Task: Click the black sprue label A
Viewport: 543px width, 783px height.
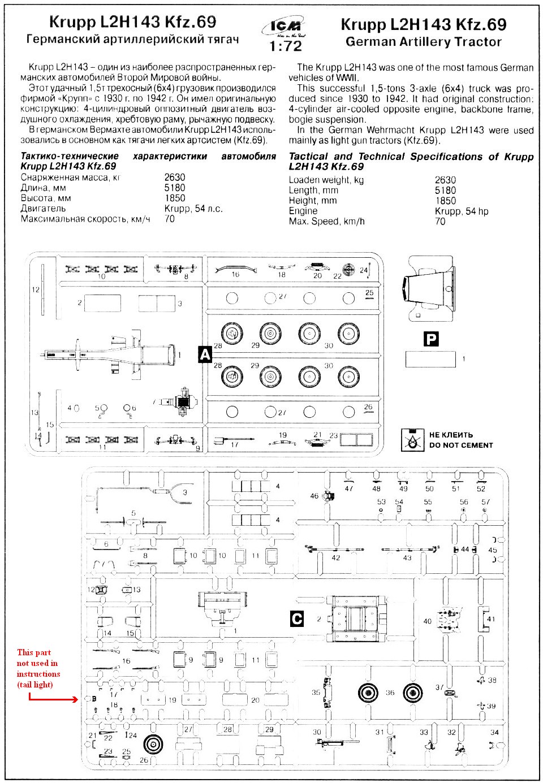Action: point(204,354)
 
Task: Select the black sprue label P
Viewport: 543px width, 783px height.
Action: point(431,339)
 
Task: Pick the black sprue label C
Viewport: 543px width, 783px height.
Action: point(296,618)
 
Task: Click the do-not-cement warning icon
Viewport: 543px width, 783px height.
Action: point(412,440)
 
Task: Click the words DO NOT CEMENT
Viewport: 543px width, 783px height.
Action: point(461,445)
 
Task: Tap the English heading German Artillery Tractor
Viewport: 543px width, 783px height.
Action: point(423,42)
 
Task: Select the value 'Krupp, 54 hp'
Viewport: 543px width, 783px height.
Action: point(462,211)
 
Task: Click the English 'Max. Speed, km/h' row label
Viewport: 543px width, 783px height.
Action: point(326,222)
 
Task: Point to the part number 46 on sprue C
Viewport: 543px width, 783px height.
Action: point(314,496)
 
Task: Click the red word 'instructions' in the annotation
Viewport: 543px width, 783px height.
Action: point(38,674)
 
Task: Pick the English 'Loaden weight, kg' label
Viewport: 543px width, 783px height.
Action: point(326,180)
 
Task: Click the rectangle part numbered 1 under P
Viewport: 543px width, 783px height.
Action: point(430,359)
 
